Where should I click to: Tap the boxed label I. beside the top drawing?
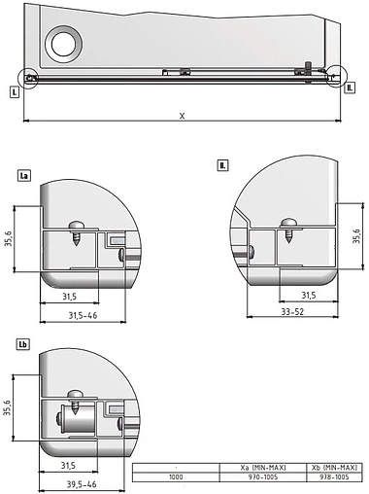point(14,93)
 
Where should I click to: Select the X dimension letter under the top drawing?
point(181,116)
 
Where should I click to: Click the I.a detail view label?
point(24,176)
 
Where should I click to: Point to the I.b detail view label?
point(23,345)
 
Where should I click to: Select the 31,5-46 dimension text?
point(83,316)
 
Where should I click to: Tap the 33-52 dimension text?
point(293,312)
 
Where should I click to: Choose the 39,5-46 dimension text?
point(83,483)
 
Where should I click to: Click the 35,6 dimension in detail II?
point(356,236)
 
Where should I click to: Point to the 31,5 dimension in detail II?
point(307,294)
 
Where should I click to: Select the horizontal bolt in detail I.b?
point(73,420)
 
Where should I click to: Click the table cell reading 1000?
point(176,477)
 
